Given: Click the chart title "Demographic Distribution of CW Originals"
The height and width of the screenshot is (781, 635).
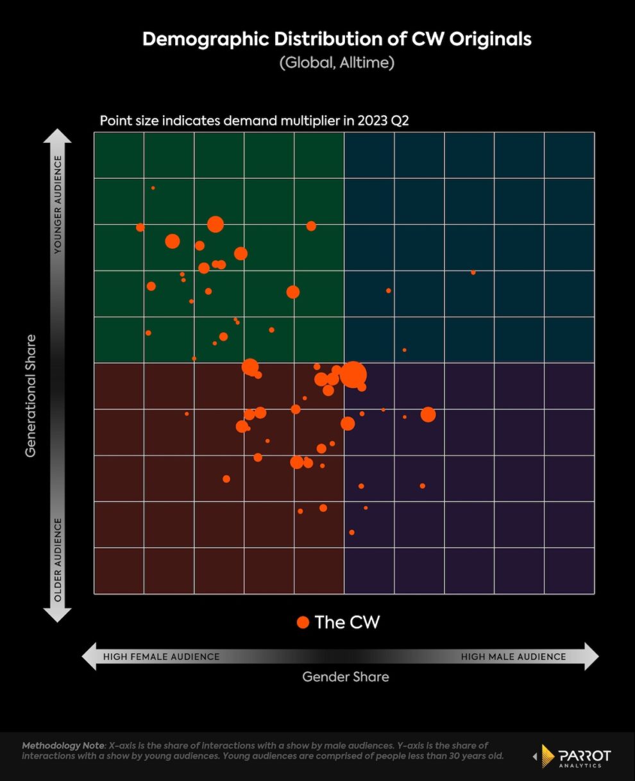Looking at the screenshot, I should (x=337, y=39).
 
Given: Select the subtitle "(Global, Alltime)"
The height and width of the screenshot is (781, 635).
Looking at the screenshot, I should (x=337, y=63).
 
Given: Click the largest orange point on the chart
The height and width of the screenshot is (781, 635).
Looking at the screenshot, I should (x=353, y=374).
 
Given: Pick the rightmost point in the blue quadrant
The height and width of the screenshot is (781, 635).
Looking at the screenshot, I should (x=473, y=273).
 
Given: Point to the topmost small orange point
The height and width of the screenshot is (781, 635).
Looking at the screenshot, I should (x=153, y=188).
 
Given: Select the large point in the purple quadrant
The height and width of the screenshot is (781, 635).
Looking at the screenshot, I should (x=428, y=415).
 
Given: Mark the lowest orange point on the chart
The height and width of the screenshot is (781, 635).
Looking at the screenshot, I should (x=351, y=532).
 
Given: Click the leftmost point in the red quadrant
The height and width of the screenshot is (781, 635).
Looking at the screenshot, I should (x=187, y=414).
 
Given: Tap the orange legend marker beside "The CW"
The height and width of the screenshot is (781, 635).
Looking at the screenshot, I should (x=303, y=622).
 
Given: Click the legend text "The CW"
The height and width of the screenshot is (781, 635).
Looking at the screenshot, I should (x=347, y=622).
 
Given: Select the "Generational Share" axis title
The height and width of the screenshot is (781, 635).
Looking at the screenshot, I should (x=31, y=396).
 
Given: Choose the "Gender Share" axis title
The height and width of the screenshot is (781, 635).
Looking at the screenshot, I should (x=346, y=676).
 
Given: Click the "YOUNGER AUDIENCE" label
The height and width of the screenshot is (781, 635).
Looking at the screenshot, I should (x=58, y=205).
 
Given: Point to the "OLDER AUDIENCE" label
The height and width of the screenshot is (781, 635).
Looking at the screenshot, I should (x=58, y=560).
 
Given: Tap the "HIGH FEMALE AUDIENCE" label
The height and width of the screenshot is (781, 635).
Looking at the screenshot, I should (x=162, y=657).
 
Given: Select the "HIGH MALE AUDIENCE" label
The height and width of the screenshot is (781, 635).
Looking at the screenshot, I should (x=513, y=657).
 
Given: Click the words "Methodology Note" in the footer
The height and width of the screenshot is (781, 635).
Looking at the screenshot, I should (x=63, y=746).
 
